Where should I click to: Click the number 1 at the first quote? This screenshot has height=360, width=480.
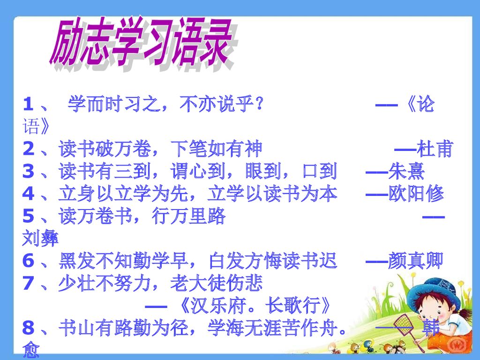pos(28,104)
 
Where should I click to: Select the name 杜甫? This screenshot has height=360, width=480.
pos(436,149)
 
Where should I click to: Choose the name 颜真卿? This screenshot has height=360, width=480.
pos(415,262)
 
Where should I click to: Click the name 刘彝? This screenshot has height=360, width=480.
pos(40,239)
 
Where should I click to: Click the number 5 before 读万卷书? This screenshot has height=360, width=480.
pos(28,217)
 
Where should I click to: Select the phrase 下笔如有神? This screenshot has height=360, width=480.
pos(216,149)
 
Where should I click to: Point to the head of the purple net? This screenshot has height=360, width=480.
pos(403,323)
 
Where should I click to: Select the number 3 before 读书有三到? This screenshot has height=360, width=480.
pos(28,172)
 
